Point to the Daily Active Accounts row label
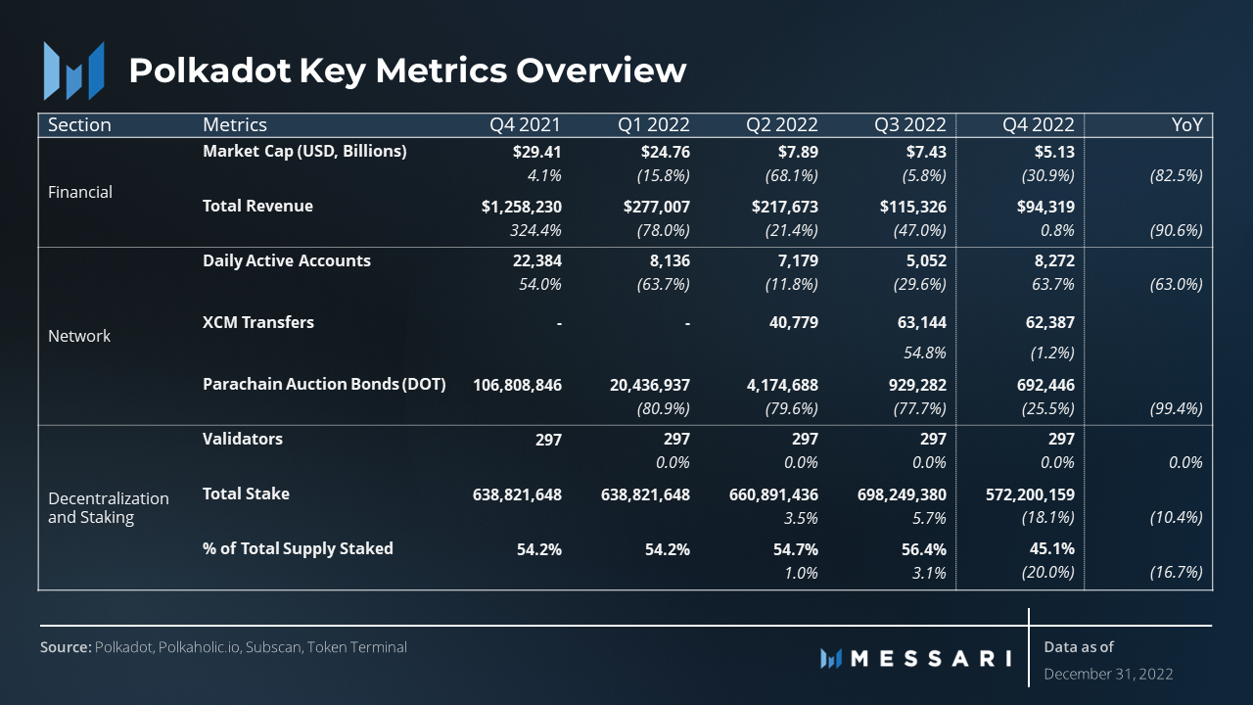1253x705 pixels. (x=287, y=261)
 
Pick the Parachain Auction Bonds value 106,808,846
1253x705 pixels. (x=518, y=385)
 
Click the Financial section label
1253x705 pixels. (x=80, y=192)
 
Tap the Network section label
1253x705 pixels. (x=79, y=336)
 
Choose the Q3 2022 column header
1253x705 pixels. (x=910, y=125)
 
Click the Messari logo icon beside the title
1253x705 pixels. (x=73, y=70)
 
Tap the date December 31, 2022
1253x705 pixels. (x=1108, y=674)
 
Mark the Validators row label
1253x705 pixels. (x=243, y=439)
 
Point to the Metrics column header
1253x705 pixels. (x=235, y=125)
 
